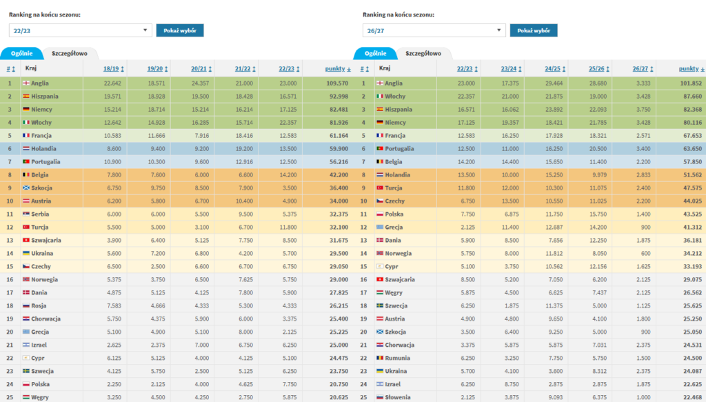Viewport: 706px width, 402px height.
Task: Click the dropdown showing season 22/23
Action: click(x=80, y=30)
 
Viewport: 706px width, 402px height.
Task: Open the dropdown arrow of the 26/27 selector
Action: click(x=499, y=30)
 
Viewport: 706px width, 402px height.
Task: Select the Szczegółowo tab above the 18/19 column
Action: click(x=70, y=53)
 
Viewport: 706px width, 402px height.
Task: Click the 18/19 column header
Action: click(x=111, y=69)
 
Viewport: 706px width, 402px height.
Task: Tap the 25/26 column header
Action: click(x=596, y=69)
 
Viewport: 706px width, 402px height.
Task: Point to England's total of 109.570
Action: click(x=336, y=83)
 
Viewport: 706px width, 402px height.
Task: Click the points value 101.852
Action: click(x=691, y=83)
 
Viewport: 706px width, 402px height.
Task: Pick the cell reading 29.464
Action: click(x=554, y=83)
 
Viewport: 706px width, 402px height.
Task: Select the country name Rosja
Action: click(x=39, y=305)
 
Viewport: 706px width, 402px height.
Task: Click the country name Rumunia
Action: click(x=397, y=358)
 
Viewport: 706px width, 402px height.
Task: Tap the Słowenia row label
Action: click(x=398, y=397)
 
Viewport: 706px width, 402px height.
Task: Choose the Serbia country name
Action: click(x=40, y=214)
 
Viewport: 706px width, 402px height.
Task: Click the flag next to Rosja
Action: click(x=26, y=305)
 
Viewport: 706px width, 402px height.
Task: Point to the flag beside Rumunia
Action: click(x=380, y=358)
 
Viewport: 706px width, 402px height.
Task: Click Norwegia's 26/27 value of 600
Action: click(x=645, y=254)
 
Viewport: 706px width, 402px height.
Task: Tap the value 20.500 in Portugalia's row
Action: click(x=598, y=148)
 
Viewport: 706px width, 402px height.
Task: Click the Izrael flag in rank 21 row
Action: click(x=26, y=345)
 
